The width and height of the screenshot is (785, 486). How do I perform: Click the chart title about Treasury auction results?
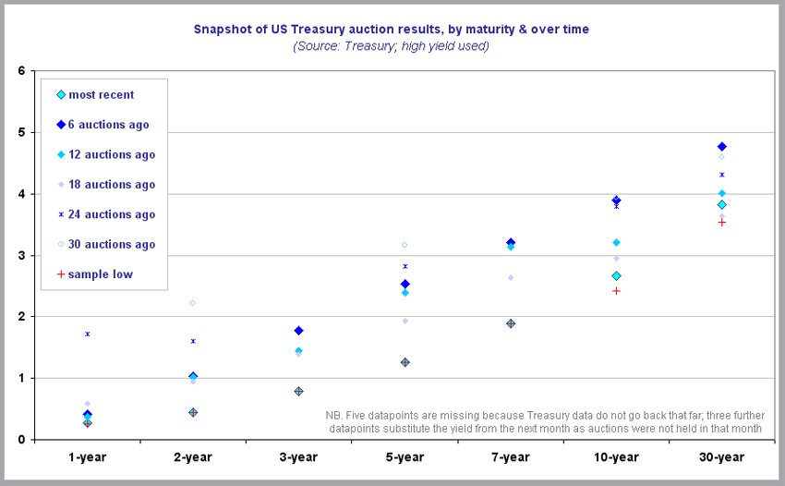click(x=392, y=30)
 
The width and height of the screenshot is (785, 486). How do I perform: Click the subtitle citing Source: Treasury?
click(x=392, y=45)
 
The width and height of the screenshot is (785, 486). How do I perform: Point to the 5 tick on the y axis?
click(x=21, y=132)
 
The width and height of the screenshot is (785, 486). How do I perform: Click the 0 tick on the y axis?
click(x=21, y=440)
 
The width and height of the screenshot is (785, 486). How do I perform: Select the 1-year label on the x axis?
click(x=87, y=457)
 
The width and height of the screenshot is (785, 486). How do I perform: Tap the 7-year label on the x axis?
click(x=510, y=457)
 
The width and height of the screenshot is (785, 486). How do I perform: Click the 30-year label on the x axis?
click(x=721, y=457)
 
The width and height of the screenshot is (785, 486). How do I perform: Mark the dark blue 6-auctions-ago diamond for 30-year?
click(x=721, y=146)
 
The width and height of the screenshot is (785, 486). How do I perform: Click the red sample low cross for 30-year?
click(x=721, y=222)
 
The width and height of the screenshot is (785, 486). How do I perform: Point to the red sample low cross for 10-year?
click(x=616, y=291)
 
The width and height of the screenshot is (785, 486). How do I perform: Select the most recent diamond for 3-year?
click(x=298, y=391)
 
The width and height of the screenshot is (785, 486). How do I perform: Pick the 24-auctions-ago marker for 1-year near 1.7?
click(x=87, y=334)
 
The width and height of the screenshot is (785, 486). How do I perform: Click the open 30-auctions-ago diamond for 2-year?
click(x=193, y=303)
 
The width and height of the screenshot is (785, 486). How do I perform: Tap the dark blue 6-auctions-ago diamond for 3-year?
click(x=298, y=330)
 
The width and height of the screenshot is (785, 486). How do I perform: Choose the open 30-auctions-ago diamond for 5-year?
click(x=405, y=245)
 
